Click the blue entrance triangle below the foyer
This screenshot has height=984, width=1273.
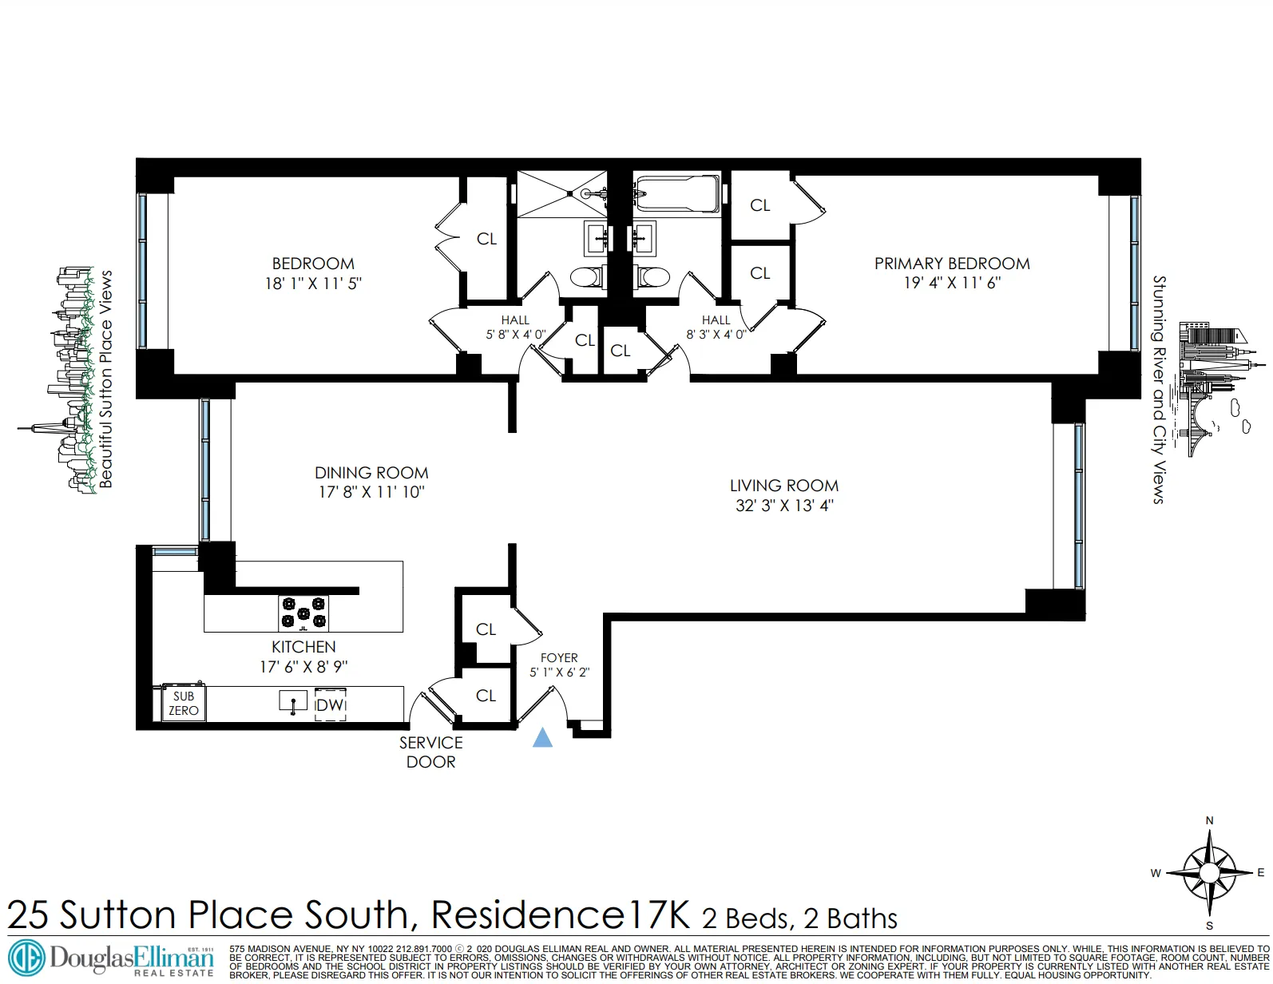point(542,737)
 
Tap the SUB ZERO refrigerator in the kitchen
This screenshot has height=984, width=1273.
point(184,704)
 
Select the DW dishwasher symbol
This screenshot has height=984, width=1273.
point(330,704)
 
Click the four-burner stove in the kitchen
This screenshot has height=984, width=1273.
point(303,613)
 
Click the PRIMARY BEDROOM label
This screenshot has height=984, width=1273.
point(952,264)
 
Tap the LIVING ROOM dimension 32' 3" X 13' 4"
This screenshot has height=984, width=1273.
point(784,506)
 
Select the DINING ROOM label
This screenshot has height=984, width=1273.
point(371,473)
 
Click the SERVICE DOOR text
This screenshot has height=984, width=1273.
point(431,752)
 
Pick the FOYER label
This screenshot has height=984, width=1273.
point(559,658)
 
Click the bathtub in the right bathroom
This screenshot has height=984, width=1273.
point(678,194)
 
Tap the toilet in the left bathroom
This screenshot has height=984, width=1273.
point(587,277)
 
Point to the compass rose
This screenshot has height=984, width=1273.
point(1209,872)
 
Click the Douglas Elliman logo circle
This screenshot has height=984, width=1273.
point(26,957)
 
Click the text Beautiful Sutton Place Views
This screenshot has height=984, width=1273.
point(106,379)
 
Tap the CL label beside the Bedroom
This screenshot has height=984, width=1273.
point(486,239)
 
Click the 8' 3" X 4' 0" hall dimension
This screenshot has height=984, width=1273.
point(716,335)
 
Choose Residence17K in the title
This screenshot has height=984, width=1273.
point(561,915)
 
